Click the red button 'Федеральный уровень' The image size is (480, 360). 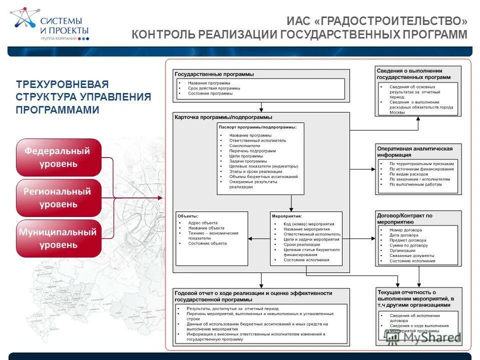[x=58, y=157]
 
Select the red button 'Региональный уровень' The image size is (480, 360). [x=58, y=197]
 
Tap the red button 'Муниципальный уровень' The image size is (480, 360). [x=58, y=238]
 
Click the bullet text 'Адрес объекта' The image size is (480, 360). [x=203, y=222]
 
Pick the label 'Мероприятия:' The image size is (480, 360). [x=286, y=216]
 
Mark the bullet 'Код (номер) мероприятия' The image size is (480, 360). [x=309, y=224]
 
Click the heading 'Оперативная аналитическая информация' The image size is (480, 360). [x=414, y=151]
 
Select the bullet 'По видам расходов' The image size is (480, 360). [x=408, y=174]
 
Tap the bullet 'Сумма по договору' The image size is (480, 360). [x=408, y=245]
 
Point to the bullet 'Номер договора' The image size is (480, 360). [x=405, y=230]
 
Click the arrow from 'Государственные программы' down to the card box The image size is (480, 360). [x=261, y=107]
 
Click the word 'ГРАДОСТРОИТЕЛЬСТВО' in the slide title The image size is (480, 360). [x=391, y=21]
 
